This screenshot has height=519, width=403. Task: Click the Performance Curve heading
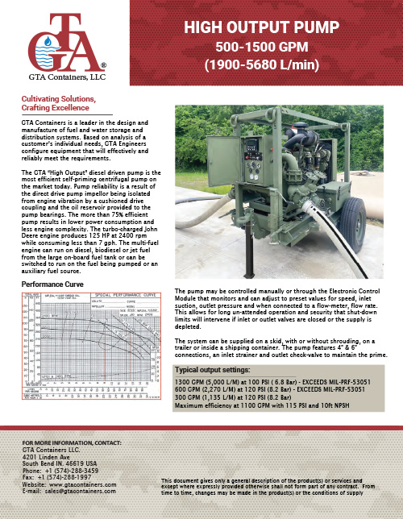[x=53, y=285]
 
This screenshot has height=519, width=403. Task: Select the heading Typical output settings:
[x=218, y=370]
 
